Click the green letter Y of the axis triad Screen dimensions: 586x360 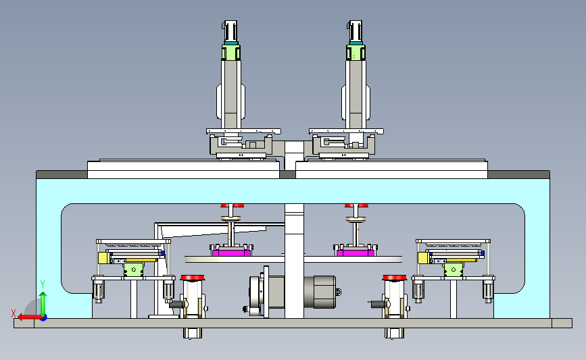[x=43, y=284]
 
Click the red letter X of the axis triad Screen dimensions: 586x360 [x=14, y=313]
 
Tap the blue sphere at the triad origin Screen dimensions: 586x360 [x=44, y=317]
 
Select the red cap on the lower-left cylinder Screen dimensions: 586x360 [x=193, y=278]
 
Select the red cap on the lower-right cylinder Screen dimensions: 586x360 [x=394, y=278]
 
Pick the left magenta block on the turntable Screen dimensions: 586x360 [x=231, y=253]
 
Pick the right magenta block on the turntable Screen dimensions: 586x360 [x=356, y=253]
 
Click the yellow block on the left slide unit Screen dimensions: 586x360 [x=103, y=258]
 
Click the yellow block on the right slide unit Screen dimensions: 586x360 [x=423, y=258]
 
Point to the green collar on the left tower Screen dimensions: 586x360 [x=231, y=52]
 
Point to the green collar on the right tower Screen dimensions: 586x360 [x=356, y=52]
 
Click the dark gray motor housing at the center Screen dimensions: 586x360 [x=320, y=292]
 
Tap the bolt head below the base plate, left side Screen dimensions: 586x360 [x=193, y=333]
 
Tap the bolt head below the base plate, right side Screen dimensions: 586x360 [x=394, y=333]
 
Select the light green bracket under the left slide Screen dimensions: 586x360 [x=134, y=269]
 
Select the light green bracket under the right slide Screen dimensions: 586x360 [x=454, y=269]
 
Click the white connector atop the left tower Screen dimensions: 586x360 [x=230, y=31]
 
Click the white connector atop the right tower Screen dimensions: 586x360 [x=355, y=31]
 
